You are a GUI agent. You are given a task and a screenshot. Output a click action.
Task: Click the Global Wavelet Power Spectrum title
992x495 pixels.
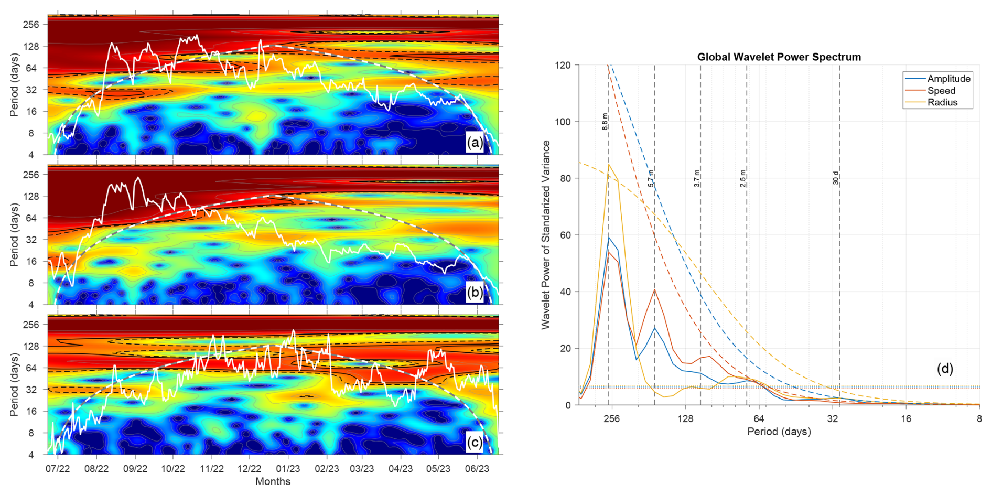coord(779,57)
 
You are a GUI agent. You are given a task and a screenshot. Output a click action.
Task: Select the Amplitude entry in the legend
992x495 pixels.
coord(948,79)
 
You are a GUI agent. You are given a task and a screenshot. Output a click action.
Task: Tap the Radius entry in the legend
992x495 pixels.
coord(942,102)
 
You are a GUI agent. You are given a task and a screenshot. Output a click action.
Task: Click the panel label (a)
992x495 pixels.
coord(475,143)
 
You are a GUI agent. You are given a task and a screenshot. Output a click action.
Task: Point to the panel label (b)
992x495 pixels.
coord(475,293)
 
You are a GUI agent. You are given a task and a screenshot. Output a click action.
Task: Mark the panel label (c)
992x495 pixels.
coord(475,443)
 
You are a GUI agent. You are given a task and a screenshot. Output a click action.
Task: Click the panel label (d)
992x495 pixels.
coord(945,369)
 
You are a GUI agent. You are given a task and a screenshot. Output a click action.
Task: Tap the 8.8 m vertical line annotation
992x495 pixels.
coord(605,122)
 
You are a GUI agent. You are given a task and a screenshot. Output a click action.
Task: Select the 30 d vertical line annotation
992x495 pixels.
coord(836,178)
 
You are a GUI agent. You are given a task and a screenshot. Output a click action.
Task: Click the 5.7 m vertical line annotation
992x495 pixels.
coord(651,178)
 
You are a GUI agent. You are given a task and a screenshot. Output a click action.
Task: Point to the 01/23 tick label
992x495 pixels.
coord(288,468)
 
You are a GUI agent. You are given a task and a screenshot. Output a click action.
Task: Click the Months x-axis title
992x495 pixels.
coord(273,481)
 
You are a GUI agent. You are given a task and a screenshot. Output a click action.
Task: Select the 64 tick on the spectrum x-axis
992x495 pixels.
coord(759,418)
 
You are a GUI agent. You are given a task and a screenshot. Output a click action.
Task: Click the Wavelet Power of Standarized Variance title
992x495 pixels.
coord(546,235)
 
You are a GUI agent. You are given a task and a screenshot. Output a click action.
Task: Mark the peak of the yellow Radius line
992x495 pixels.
coord(609,165)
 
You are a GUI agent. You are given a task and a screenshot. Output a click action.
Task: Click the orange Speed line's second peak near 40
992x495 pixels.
coord(654,289)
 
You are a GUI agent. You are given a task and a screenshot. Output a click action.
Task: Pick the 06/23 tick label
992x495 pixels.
coord(477,468)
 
